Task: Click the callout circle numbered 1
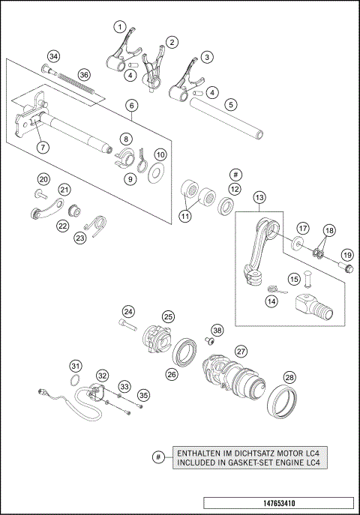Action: point(119,27)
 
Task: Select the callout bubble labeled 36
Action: point(84,74)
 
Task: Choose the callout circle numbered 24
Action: point(129,311)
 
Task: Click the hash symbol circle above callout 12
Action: point(235,174)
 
